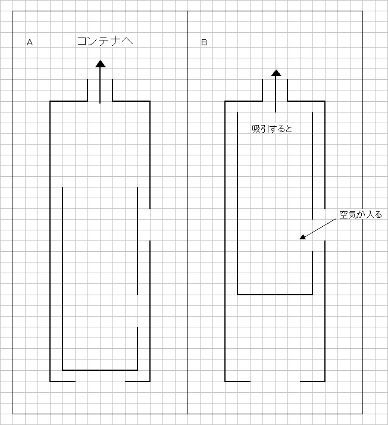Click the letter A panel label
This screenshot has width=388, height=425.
tap(30, 42)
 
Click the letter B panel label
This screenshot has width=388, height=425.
tap(204, 42)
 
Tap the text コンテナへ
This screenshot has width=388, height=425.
tap(105, 41)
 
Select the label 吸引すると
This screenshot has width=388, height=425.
tap(272, 129)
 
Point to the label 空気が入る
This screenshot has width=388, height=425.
tap(361, 215)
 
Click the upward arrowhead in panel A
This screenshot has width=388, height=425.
tap(101, 64)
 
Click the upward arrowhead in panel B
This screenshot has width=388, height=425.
tap(276, 73)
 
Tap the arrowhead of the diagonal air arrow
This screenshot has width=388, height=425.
tap(302, 237)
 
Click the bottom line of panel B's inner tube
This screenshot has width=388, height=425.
tap(275, 295)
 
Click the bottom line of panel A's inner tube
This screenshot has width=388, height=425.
tap(100, 370)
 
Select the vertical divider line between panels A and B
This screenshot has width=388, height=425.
tap(188, 212)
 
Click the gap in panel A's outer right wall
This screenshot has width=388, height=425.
tap(150, 224)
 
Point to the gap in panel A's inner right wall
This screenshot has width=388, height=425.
tap(137, 311)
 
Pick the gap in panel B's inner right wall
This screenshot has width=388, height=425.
tap(312, 235)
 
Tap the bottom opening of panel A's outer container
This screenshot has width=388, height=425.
tap(100, 382)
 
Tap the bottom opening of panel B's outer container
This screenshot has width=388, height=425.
tap(276, 382)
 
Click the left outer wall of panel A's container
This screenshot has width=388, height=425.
tap(50, 241)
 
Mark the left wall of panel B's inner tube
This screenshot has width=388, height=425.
tap(237, 204)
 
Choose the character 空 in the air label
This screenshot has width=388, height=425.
tap(344, 215)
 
